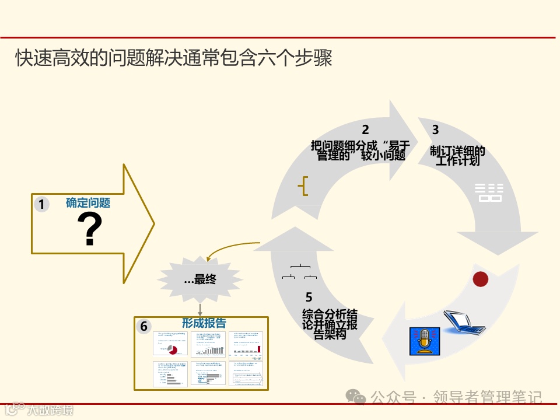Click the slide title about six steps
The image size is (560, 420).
pyautogui.click(x=174, y=59)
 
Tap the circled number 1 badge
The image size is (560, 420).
pyautogui.click(x=41, y=204)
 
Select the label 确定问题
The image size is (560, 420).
pyautogui.click(x=88, y=203)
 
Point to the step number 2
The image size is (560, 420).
pyautogui.click(x=365, y=130)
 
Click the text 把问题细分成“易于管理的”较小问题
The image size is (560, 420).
pyautogui.click(x=359, y=150)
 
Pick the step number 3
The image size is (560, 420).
pyautogui.click(x=435, y=130)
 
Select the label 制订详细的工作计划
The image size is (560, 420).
pyautogui.click(x=458, y=156)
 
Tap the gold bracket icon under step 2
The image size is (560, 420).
pyautogui.click(x=303, y=186)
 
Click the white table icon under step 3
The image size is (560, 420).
pyautogui.click(x=489, y=192)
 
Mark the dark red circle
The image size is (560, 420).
pyautogui.click(x=480, y=279)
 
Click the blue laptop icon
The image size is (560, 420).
pyautogui.click(x=463, y=323)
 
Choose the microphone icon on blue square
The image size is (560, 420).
pyautogui.click(x=424, y=341)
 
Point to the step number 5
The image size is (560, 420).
pyautogui.click(x=309, y=297)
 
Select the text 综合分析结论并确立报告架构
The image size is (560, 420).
pyautogui.click(x=330, y=324)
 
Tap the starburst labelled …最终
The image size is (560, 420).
pyautogui.click(x=200, y=280)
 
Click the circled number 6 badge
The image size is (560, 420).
pyautogui.click(x=143, y=326)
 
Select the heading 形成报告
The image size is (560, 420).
pyautogui.click(x=204, y=323)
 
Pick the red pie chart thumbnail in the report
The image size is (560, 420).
pyautogui.click(x=172, y=349)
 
